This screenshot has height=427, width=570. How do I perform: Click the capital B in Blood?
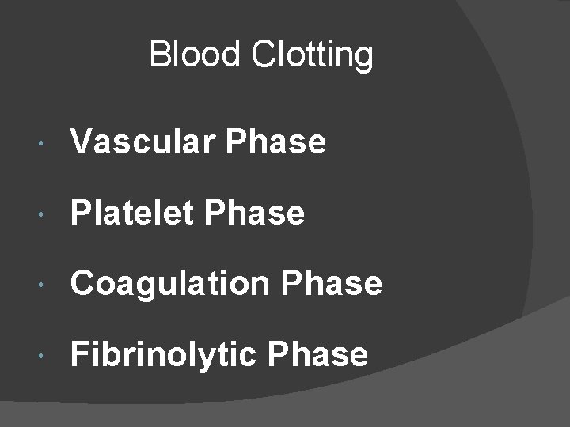(x=158, y=55)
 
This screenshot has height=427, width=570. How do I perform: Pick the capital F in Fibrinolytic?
(x=80, y=354)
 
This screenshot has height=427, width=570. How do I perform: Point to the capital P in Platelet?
(x=81, y=213)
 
